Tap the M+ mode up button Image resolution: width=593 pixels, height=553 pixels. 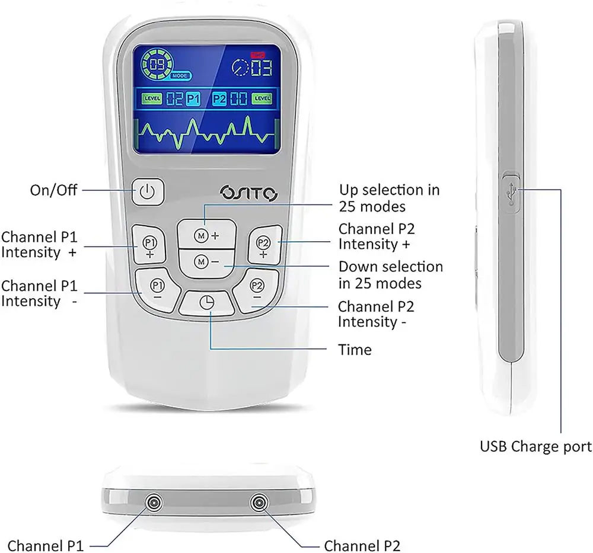(207, 235)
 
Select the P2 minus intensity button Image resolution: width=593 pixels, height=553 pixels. (256, 288)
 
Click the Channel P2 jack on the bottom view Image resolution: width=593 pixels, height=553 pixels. (258, 503)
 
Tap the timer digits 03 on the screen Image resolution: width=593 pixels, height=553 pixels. (261, 66)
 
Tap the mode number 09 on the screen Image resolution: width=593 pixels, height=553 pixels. (158, 64)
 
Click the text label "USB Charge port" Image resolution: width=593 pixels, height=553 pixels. (535, 446)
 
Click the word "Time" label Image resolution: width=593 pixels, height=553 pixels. (355, 350)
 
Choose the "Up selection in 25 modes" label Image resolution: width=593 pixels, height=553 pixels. (389, 198)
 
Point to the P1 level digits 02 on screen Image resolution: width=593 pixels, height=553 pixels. (174, 99)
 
